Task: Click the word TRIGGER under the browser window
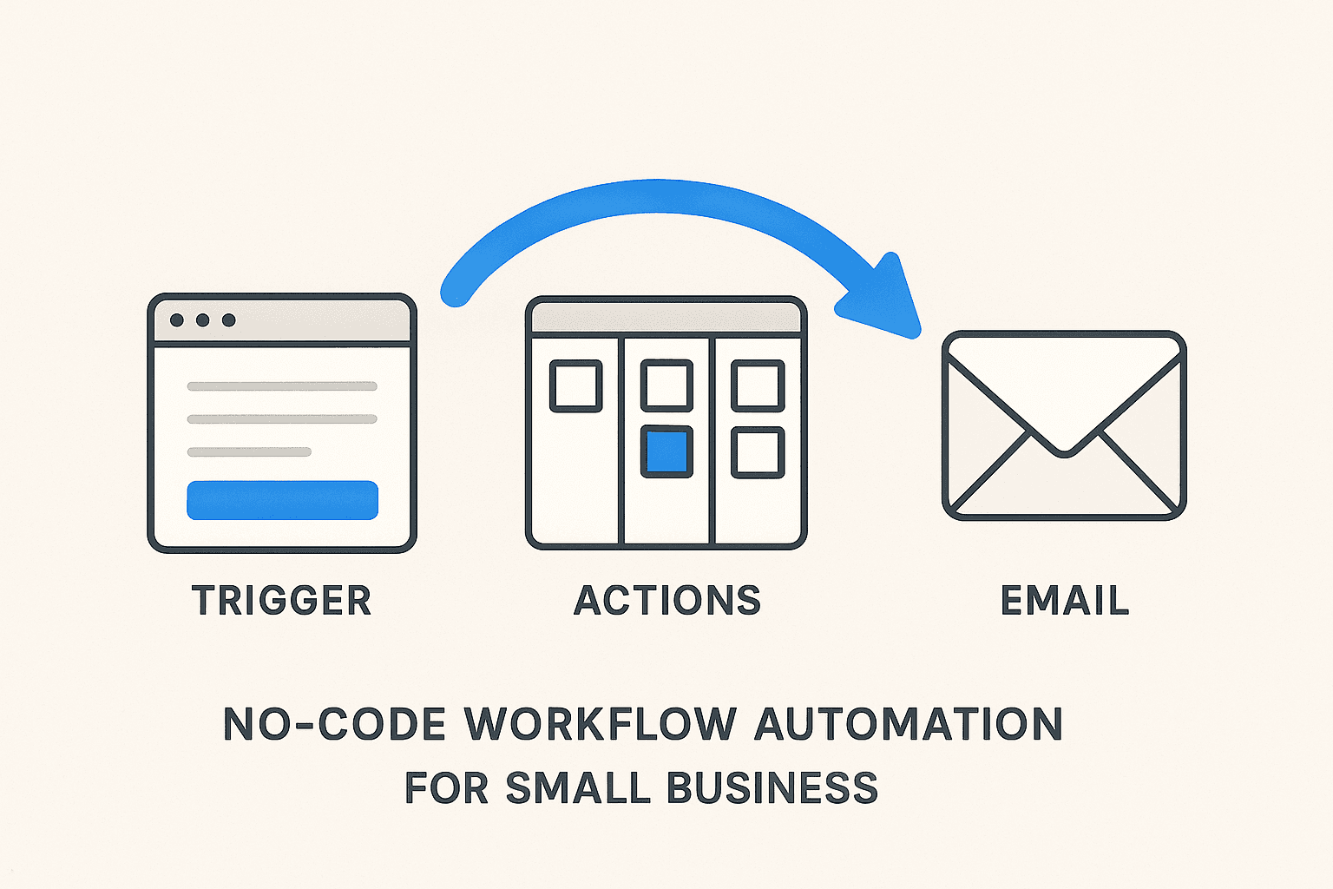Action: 282,601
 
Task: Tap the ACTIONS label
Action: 667,601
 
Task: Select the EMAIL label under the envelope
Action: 1065,601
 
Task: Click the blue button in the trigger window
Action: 282,500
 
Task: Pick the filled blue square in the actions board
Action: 666,451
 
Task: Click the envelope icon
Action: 1064,425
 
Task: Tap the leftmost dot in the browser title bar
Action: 177,320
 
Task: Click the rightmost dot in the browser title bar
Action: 229,320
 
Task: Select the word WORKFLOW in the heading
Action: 601,724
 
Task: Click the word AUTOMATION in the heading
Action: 909,724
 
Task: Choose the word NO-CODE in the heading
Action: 334,724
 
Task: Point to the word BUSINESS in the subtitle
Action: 772,787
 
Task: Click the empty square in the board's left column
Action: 576,385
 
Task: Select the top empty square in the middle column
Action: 666,385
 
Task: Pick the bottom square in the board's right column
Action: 758,451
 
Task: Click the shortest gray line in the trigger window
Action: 249,451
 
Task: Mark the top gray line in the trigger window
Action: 282,386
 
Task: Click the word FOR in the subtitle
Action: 446,787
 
